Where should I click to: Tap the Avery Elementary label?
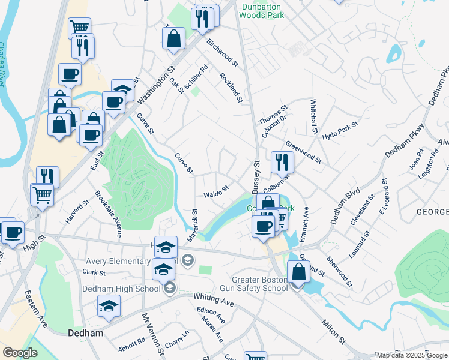(118, 261)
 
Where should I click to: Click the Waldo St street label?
(216, 191)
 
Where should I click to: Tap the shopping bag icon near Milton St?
(299, 272)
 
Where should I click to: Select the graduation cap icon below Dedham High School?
(109, 307)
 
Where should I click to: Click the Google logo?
(20, 353)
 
